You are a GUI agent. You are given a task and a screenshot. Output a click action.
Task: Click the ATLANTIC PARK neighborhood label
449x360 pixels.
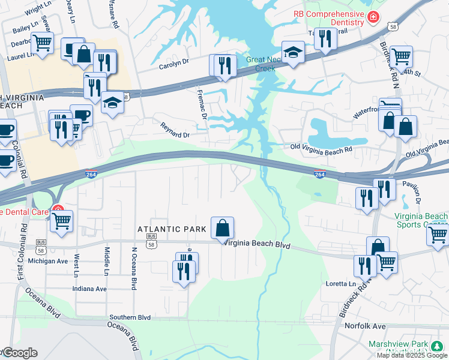pyautogui.click(x=172, y=229)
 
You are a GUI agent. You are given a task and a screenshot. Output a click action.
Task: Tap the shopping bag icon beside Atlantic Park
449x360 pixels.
pyautogui.click(x=222, y=227)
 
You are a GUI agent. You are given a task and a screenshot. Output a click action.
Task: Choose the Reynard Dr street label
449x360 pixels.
pyautogui.click(x=175, y=130)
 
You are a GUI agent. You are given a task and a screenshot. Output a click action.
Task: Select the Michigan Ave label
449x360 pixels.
pyautogui.click(x=52, y=262)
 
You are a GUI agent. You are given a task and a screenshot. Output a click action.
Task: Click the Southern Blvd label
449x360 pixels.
pyautogui.click(x=130, y=317)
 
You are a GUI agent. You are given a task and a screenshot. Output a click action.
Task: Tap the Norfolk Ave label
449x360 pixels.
pyautogui.click(x=365, y=326)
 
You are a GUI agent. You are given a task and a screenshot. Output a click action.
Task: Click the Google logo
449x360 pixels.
pyautogui.click(x=20, y=353)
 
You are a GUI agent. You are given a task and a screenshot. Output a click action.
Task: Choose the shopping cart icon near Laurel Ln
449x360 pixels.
pyautogui.click(x=43, y=44)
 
